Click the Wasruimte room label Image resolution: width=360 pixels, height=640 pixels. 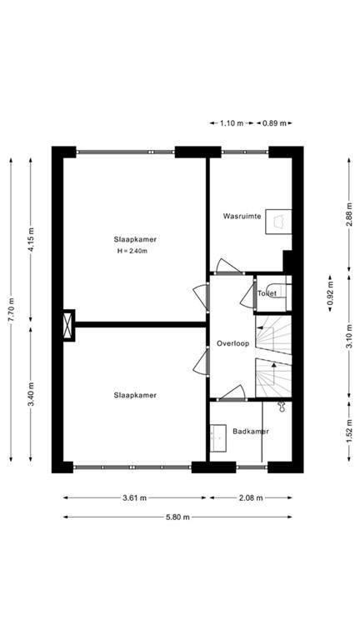pyautogui.click(x=242, y=216)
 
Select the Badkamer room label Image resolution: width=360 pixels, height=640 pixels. pyautogui.click(x=250, y=431)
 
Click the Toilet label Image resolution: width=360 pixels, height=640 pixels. pyautogui.click(x=267, y=293)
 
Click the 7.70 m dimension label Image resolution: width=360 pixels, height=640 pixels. pyautogui.click(x=11, y=311)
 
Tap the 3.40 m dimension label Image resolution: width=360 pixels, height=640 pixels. pyautogui.click(x=31, y=392)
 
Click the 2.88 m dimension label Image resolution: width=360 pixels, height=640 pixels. pyautogui.click(x=348, y=212)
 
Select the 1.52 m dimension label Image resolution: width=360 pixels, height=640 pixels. pyautogui.click(x=348, y=436)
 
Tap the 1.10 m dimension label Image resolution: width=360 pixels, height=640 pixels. pyautogui.click(x=231, y=122)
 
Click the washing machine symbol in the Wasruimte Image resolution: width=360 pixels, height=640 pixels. pyautogui.click(x=280, y=219)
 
